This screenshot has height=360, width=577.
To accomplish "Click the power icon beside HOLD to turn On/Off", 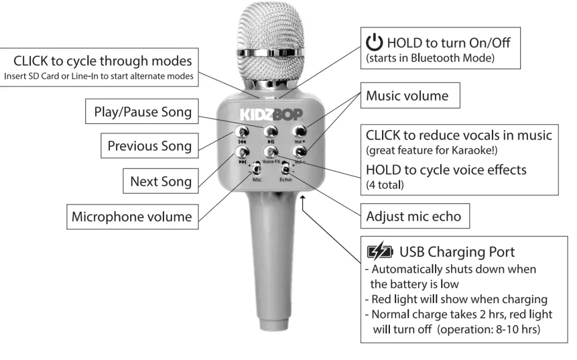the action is tap(374, 42).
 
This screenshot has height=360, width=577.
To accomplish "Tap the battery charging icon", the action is tap(380, 252).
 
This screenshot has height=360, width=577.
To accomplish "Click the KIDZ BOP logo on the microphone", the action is tap(271, 114).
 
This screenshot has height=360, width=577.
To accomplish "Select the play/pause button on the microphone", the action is tap(270, 131).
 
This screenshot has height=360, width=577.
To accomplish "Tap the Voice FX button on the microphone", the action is tap(270, 152).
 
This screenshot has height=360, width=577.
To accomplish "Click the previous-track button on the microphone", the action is tap(242, 131).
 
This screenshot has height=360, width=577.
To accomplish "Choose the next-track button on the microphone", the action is tap(242, 152).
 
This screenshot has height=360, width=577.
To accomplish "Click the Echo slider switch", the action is tap(285, 168).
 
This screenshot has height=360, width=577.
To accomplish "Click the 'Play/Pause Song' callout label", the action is tap(142, 111).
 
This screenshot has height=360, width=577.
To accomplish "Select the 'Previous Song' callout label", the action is tap(149, 146).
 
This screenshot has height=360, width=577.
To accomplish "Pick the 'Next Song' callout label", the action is tap(161, 181).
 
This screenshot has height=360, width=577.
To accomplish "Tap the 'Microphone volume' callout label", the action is tap(132, 217).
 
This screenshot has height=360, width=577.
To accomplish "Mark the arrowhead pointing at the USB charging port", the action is tap(303, 199).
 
